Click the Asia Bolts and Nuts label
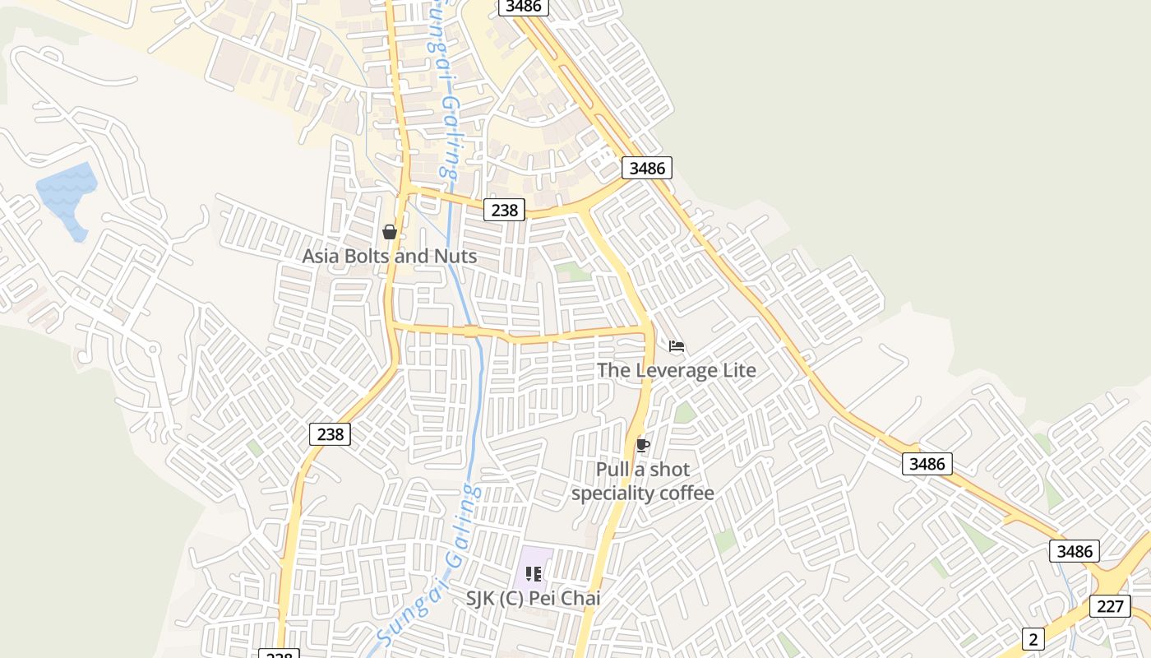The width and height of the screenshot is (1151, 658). [x=389, y=256]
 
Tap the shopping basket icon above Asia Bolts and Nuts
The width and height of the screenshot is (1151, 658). [x=390, y=233]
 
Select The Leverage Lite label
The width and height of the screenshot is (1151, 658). [x=676, y=370]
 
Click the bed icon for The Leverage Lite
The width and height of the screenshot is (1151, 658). [x=677, y=346]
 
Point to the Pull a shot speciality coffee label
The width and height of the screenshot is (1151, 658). [x=643, y=481]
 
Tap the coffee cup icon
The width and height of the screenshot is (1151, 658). [x=643, y=446]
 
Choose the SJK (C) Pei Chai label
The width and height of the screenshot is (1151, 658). [x=533, y=598]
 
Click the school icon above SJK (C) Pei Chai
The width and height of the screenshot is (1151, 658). [x=533, y=573]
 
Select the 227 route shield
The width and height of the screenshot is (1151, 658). [x=1110, y=606]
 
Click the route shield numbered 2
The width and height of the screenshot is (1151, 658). [x=1033, y=638]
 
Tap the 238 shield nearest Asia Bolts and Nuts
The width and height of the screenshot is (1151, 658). [x=504, y=210]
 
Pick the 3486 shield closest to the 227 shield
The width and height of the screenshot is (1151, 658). [x=1074, y=551]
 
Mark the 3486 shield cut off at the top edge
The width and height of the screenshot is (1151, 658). [x=524, y=7]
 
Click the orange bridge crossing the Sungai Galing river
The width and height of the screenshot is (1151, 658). [x=471, y=331]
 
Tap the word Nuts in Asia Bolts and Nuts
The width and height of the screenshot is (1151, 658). [x=456, y=256]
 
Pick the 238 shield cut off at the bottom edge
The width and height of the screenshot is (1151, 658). [x=279, y=654]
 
